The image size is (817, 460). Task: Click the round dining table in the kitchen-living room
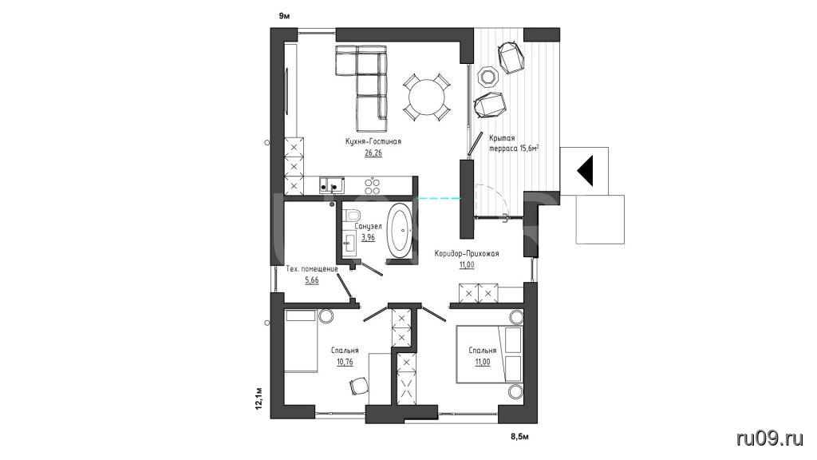click(427, 97)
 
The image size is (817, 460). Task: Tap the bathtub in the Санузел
click(401, 231)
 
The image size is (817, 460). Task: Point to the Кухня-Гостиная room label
click(373, 141)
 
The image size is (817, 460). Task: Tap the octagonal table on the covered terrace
click(489, 77)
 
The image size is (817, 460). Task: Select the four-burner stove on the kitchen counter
click(373, 185)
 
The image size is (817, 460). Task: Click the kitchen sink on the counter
click(332, 184)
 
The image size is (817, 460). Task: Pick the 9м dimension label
click(284, 16)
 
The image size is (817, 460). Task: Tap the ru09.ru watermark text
click(770, 438)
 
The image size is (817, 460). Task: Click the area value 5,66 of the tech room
click(312, 280)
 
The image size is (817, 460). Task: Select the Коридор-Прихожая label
click(467, 254)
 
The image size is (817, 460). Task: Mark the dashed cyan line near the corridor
click(440, 198)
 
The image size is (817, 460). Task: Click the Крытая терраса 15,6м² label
click(514, 144)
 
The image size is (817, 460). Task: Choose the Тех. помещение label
click(312, 269)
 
